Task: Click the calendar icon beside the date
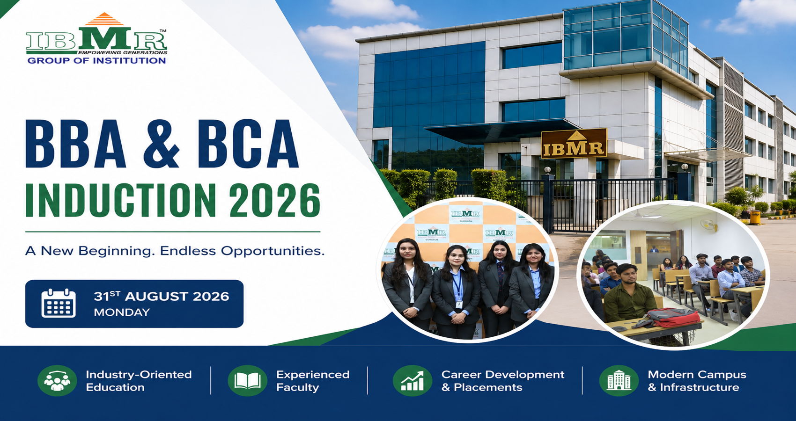(x=58, y=303)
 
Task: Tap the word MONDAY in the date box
(x=122, y=312)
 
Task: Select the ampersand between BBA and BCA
(x=162, y=144)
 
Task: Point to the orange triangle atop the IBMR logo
(x=104, y=19)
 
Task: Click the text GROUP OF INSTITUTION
(x=96, y=61)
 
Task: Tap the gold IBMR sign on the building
(x=574, y=144)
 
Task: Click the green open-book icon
(x=247, y=380)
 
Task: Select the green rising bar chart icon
(x=413, y=380)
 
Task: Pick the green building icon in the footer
(x=619, y=380)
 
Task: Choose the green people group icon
(x=57, y=380)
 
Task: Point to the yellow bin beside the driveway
(x=755, y=217)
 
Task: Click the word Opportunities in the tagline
(x=273, y=251)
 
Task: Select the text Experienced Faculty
(x=313, y=381)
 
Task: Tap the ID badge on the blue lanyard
(x=459, y=304)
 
